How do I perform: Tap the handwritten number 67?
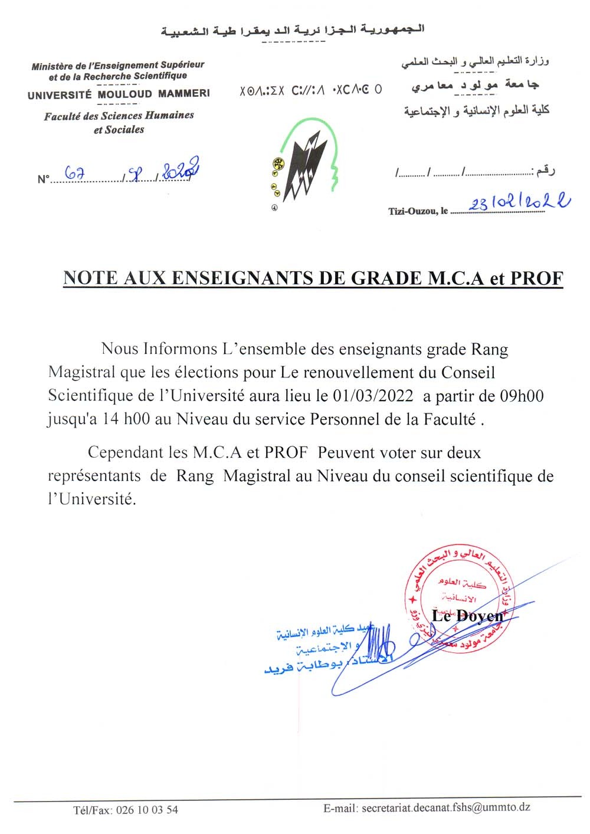(75, 173)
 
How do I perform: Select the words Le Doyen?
(468, 616)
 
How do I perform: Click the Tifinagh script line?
(310, 90)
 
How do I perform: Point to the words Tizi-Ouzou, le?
(418, 211)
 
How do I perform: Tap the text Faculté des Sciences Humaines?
(119, 116)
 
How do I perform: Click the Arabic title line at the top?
(293, 30)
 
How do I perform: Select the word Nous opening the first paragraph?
(120, 349)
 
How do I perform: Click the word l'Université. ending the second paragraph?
(91, 499)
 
